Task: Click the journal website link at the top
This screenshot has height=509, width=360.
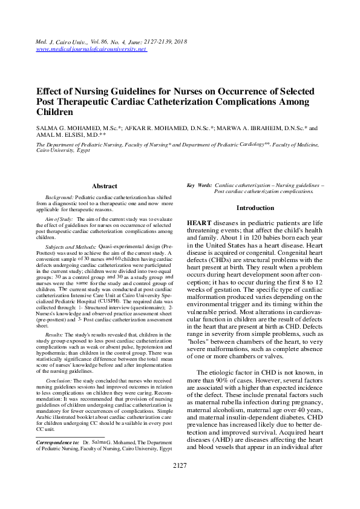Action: (92, 48)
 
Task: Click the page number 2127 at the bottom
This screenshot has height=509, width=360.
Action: (180, 465)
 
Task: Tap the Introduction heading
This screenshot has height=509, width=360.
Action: (255, 208)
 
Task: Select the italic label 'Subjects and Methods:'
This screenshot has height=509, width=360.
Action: (70, 248)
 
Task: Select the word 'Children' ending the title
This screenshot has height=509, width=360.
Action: (55, 113)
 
